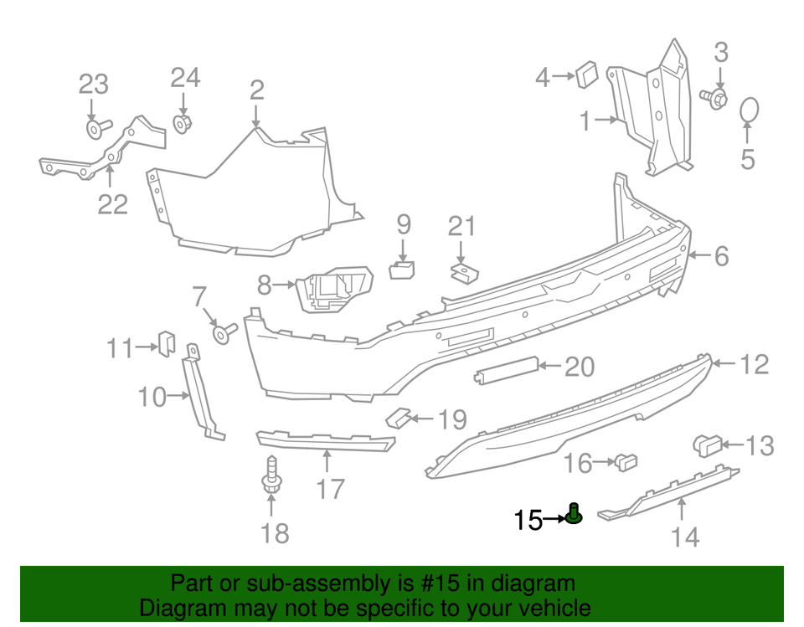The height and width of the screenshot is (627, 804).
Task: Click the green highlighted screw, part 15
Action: point(574,514)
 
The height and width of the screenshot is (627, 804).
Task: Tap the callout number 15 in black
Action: point(528,520)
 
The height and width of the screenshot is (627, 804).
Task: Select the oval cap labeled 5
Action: point(749,111)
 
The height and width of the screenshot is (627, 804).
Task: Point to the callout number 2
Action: point(256,90)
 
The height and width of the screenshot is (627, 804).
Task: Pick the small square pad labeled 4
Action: point(585,75)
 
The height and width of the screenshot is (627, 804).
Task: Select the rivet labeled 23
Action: point(97,128)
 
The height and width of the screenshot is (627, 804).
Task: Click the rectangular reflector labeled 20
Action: point(507,368)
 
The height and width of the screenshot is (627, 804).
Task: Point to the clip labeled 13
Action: point(709,445)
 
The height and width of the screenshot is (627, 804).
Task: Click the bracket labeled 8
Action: point(333,290)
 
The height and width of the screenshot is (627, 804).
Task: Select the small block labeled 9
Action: point(403,269)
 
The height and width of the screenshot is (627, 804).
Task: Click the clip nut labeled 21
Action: point(460,273)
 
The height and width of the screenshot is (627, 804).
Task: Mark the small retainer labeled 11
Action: point(165,342)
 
